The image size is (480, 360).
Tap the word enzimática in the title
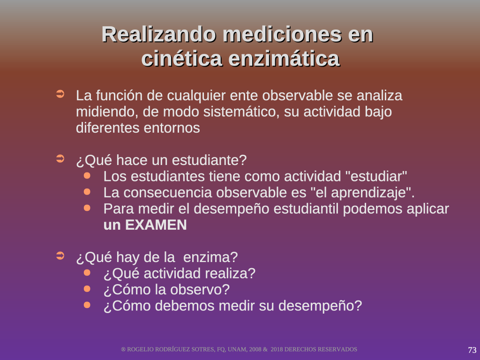click(284, 59)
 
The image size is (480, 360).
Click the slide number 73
click(472, 350)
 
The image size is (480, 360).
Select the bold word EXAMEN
click(156, 225)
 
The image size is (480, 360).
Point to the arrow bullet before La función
click(60, 94)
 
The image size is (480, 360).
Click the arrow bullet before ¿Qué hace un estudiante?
click(60, 158)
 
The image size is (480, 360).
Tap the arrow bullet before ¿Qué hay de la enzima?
click(60, 255)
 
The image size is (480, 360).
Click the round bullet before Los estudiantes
click(87, 176)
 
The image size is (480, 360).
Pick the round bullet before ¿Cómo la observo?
click(87, 289)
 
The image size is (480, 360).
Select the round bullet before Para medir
click(87, 208)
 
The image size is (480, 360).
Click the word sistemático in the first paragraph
click(241, 112)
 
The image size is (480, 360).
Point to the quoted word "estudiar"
click(376, 176)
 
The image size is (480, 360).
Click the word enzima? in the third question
click(210, 257)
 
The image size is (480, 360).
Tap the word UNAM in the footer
click(236, 350)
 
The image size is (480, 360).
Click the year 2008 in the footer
click(255, 350)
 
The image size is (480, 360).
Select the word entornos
click(172, 128)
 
